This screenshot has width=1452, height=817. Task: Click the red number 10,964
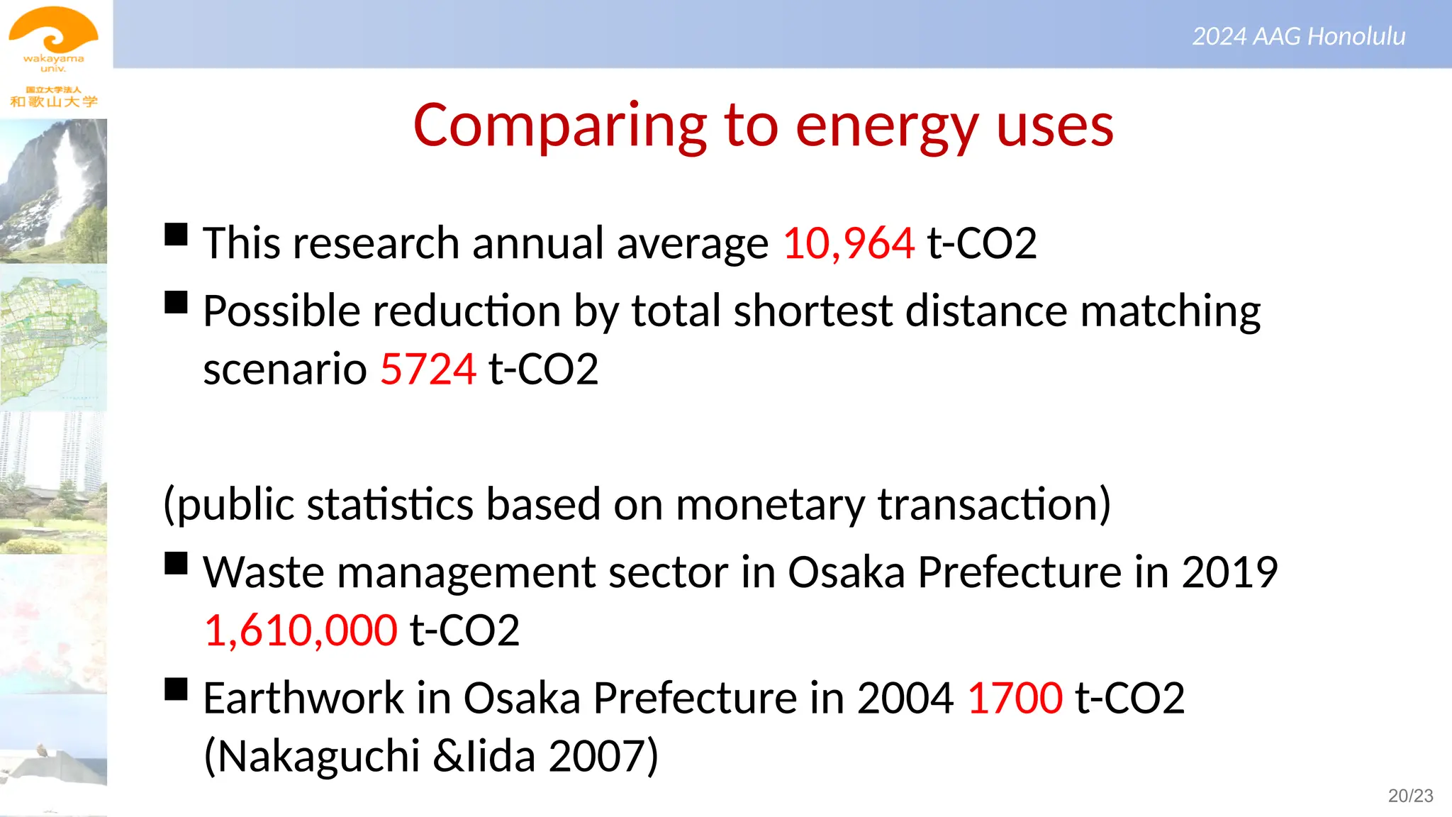pyautogui.click(x=848, y=243)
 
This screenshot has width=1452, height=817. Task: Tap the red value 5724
pyautogui.click(x=428, y=369)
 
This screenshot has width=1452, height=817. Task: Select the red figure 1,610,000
pyautogui.click(x=301, y=630)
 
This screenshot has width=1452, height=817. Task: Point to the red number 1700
pyautogui.click(x=1015, y=698)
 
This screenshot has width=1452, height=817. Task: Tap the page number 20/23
pyautogui.click(x=1410, y=796)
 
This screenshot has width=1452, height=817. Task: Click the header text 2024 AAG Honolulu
pyautogui.click(x=1298, y=36)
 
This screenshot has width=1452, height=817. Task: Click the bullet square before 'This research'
pyautogui.click(x=176, y=234)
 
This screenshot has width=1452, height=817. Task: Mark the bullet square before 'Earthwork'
pyautogui.click(x=176, y=689)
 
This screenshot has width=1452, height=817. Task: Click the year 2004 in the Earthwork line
pyautogui.click(x=905, y=698)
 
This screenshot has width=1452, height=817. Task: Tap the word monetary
pyautogui.click(x=770, y=505)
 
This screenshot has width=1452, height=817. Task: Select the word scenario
pyautogui.click(x=284, y=369)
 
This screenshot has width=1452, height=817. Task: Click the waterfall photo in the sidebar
pyautogui.click(x=53, y=191)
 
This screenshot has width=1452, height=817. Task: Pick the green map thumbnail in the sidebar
pyautogui.click(x=53, y=337)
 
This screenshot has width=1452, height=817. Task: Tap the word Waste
pyautogui.click(x=264, y=572)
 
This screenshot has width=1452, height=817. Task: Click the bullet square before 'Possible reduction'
pyautogui.click(x=176, y=302)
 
